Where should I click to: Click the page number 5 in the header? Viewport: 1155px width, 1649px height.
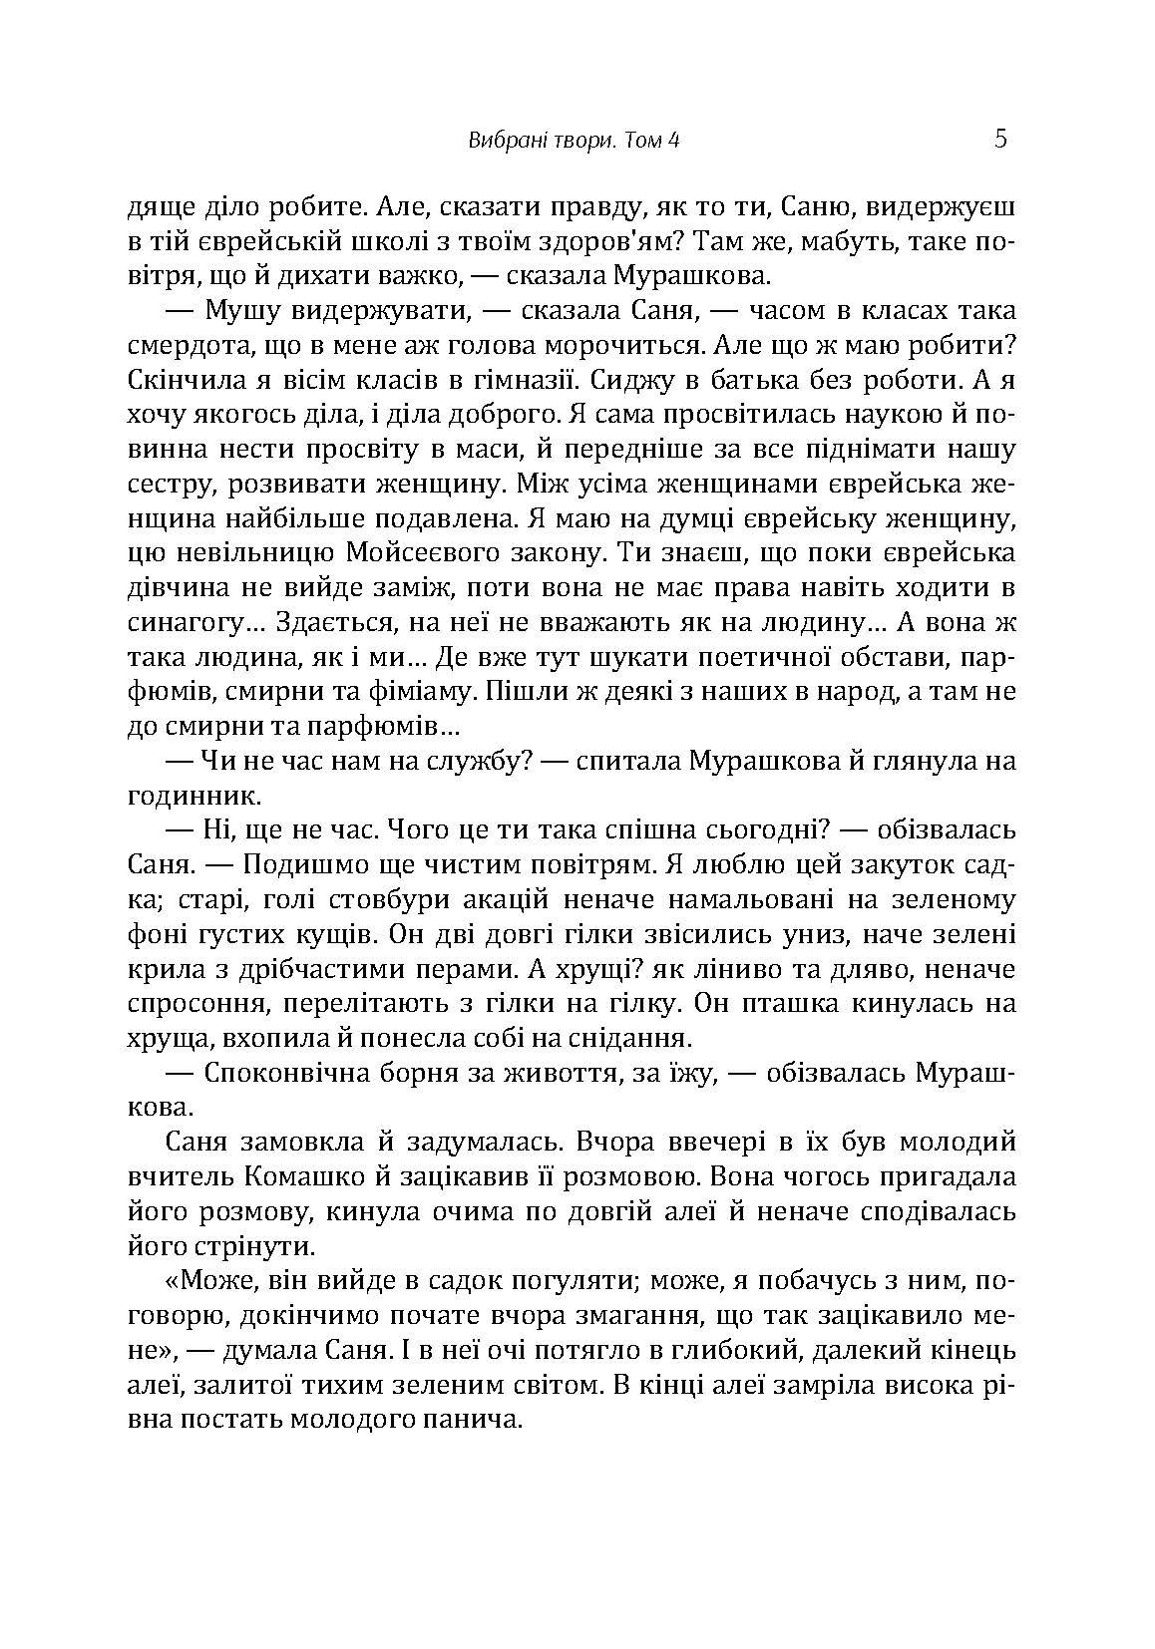pyautogui.click(x=1000, y=139)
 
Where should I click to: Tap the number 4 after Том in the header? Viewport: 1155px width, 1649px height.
pyautogui.click(x=674, y=141)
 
